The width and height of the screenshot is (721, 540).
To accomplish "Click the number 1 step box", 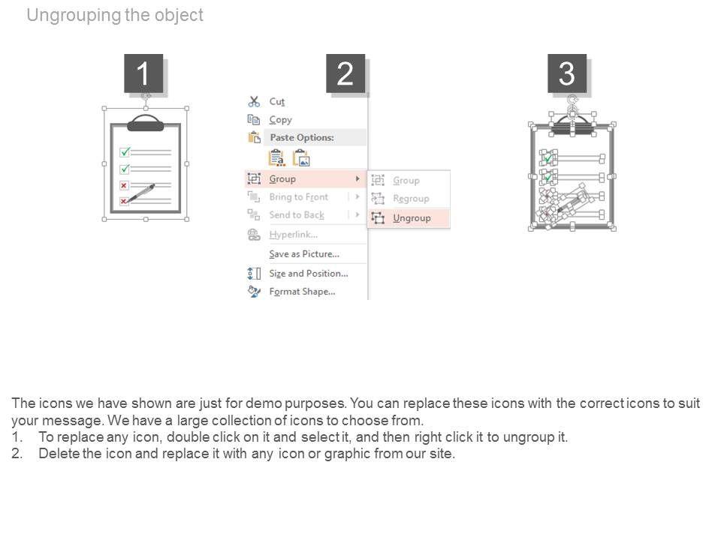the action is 143,73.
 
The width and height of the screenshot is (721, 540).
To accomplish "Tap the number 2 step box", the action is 345,73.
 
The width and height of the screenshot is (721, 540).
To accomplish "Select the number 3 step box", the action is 567,73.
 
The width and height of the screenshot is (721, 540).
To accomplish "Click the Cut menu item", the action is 277,101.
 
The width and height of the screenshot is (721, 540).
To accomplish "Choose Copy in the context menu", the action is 280,120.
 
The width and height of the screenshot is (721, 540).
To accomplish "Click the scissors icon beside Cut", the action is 254,101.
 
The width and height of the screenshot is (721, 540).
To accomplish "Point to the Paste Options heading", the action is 302,137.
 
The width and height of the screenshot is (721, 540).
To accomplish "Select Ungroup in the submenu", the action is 412,218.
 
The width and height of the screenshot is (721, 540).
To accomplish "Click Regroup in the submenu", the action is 411,198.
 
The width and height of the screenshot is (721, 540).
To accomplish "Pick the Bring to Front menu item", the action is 298,197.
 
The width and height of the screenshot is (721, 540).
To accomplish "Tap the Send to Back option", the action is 297,215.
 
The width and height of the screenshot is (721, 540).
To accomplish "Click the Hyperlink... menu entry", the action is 294,235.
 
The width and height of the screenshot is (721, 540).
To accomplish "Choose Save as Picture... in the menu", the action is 304,254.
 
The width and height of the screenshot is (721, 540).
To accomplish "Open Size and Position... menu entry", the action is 309,274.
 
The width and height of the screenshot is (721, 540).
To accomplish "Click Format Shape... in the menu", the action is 302,292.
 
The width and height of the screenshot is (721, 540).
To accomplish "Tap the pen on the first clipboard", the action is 141,193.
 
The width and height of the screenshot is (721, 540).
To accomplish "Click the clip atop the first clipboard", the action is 145,122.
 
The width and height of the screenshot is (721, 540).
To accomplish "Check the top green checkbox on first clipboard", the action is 125,151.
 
